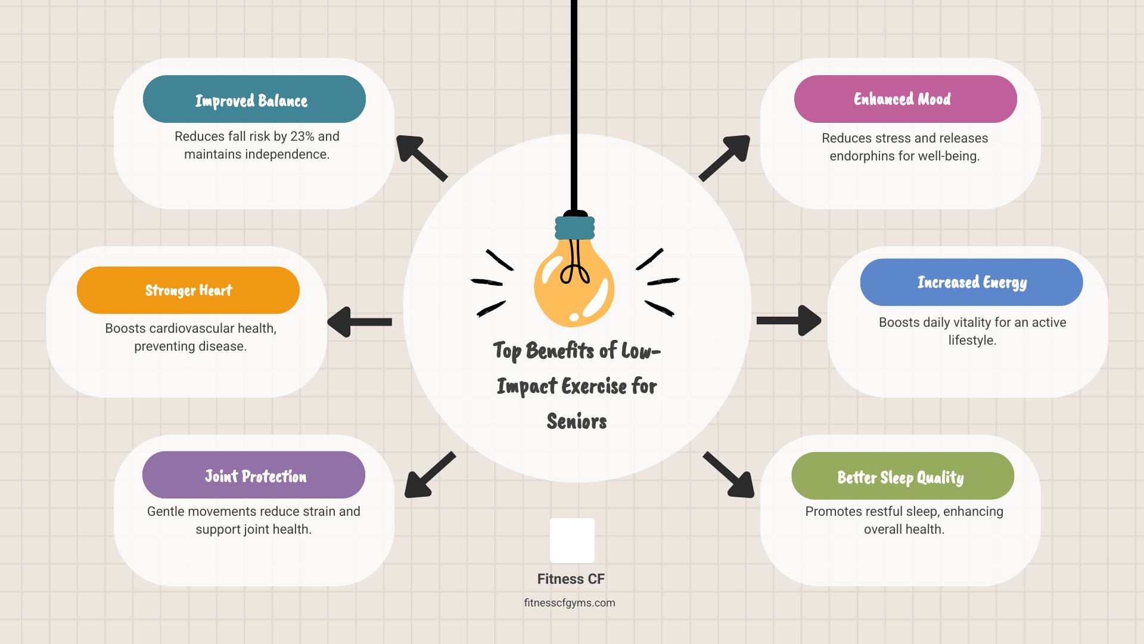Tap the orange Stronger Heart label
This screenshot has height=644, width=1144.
click(x=188, y=290)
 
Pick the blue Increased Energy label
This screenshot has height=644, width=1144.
click(x=971, y=282)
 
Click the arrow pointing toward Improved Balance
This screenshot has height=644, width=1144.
click(x=420, y=157)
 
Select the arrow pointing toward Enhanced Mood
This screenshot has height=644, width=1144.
click(x=726, y=157)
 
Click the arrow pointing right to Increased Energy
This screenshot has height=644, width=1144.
click(x=789, y=321)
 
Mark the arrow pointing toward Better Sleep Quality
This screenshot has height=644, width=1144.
click(x=730, y=475)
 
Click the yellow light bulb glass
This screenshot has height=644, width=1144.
click(x=574, y=286)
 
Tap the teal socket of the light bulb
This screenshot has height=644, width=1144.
click(x=574, y=228)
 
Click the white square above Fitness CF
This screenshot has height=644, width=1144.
click(x=572, y=540)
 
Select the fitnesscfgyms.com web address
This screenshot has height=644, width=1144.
click(x=570, y=603)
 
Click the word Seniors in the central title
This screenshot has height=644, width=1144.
click(x=577, y=422)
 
